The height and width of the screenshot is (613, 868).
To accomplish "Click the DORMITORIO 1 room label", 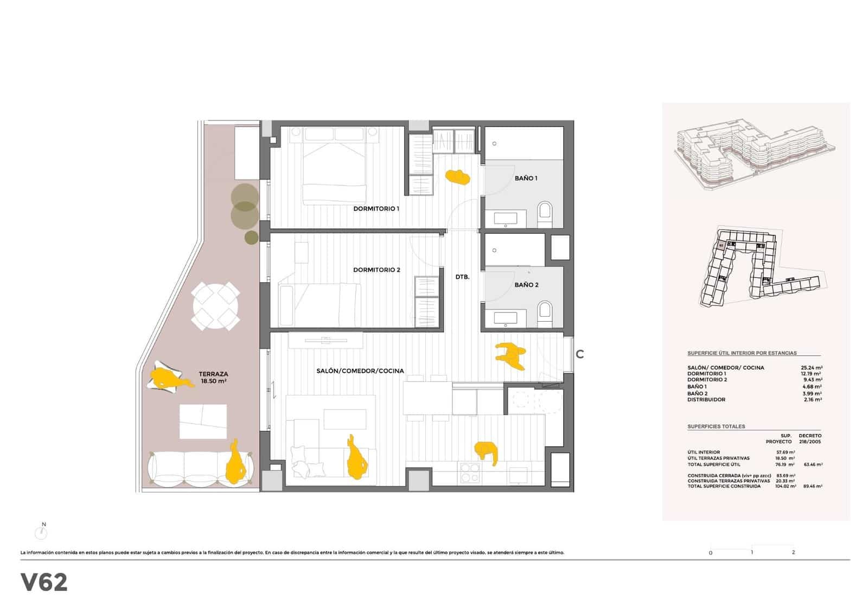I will click(376, 208).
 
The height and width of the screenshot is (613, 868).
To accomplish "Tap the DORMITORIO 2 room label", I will click(376, 270).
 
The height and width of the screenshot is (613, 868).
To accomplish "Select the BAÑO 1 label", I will click(526, 178).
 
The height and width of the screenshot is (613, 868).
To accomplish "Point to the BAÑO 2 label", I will click(526, 285).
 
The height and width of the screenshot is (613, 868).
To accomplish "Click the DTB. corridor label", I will click(462, 277).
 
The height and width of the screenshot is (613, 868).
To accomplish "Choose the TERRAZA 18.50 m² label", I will click(213, 378).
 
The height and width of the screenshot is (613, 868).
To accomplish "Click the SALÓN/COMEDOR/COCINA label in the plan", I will click(360, 371).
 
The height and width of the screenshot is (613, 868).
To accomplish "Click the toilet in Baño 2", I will click(545, 314).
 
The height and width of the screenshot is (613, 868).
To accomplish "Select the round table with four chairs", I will click(216, 306).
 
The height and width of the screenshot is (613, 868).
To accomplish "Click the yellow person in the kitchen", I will click(487, 451).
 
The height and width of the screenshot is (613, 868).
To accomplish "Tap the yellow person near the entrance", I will click(510, 355).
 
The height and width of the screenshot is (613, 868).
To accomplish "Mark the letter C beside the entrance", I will click(580, 354).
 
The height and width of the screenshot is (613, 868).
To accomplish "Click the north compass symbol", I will click(41, 532).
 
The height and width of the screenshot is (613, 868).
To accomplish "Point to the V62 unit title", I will click(44, 583).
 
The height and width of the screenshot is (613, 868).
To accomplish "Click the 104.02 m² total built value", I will click(786, 487).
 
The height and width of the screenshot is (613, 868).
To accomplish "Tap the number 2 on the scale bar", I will click(793, 552).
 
